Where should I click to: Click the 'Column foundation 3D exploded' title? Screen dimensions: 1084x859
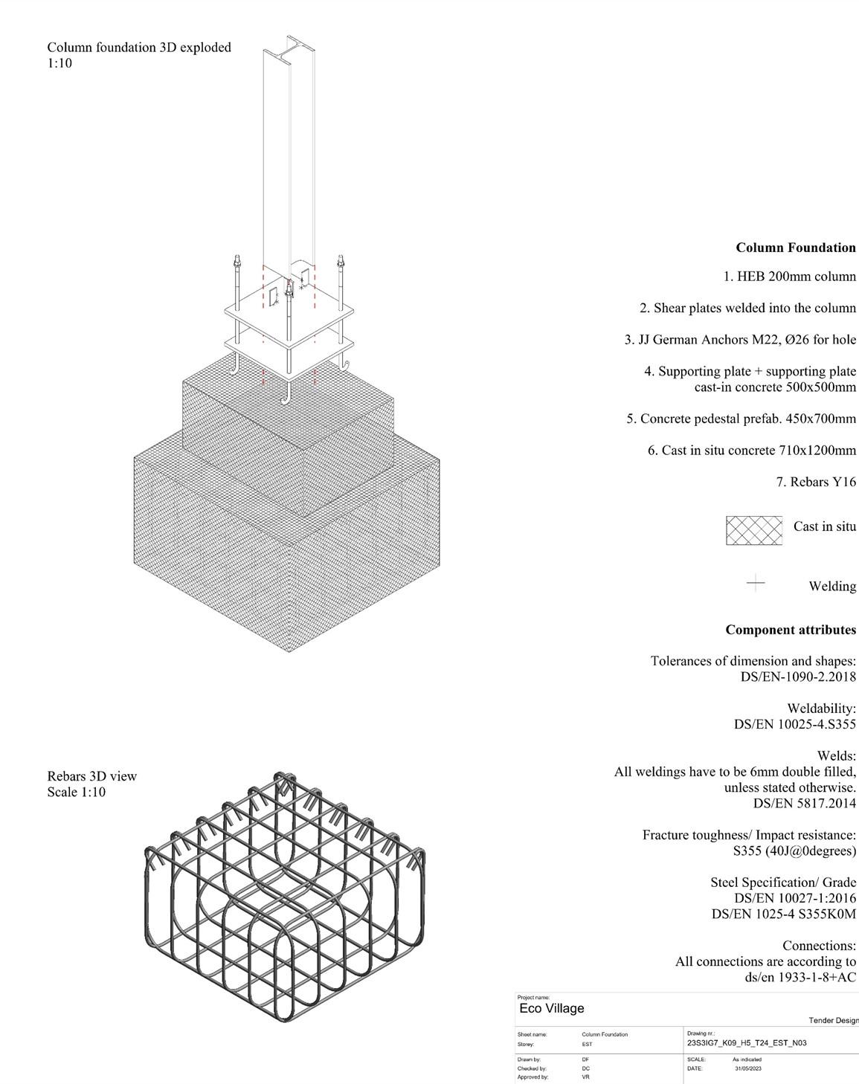[139, 48]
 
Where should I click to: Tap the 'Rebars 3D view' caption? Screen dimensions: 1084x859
[92, 776]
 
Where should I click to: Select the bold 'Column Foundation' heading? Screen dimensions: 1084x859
[796, 248]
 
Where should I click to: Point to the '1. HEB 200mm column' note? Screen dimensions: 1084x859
[789, 277]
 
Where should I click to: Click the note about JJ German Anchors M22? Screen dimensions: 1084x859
[740, 340]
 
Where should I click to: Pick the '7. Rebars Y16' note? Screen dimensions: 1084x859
[816, 482]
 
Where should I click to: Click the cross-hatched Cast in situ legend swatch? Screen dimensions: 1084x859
[754, 530]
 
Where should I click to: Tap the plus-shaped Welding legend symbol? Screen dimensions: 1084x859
[755, 583]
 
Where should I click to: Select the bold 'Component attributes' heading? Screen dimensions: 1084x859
[791, 630]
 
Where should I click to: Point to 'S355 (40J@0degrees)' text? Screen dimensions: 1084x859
[794, 851]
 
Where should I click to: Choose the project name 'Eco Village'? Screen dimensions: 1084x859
[552, 1008]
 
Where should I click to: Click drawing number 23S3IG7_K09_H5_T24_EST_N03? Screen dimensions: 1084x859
[747, 1042]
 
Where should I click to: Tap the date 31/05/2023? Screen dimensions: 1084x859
[747, 1068]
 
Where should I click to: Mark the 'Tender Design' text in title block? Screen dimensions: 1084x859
[833, 1021]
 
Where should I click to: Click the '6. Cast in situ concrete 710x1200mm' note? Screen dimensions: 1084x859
[752, 451]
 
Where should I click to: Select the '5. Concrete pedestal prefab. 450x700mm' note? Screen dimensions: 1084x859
[741, 419]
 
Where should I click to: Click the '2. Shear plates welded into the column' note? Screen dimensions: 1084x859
[747, 308]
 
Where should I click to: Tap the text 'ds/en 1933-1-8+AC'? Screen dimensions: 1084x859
[800, 977]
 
